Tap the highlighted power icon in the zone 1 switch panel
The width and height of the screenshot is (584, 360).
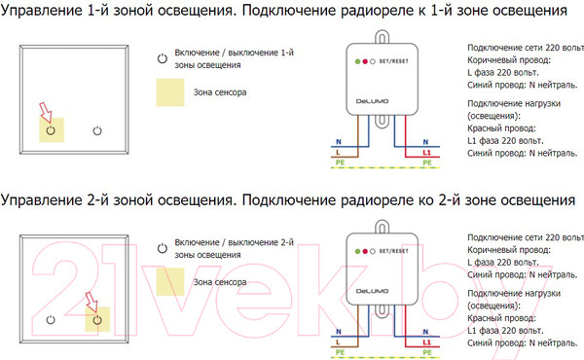[49, 128]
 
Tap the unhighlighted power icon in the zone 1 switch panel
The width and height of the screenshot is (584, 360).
[96, 128]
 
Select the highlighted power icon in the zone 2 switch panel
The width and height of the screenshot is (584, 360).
[97, 318]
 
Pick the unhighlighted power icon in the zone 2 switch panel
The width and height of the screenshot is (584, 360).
[50, 318]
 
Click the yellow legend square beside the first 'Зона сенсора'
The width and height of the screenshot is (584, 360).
[171, 94]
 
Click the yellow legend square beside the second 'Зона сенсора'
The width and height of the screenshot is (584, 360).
[171, 282]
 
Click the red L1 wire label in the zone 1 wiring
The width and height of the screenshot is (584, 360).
[426, 153]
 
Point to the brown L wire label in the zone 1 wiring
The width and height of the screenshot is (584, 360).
[337, 153]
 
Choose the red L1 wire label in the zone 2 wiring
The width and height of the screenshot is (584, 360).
[426, 342]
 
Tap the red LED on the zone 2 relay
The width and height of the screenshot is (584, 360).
[363, 250]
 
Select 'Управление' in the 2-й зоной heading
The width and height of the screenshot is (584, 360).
[42, 201]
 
